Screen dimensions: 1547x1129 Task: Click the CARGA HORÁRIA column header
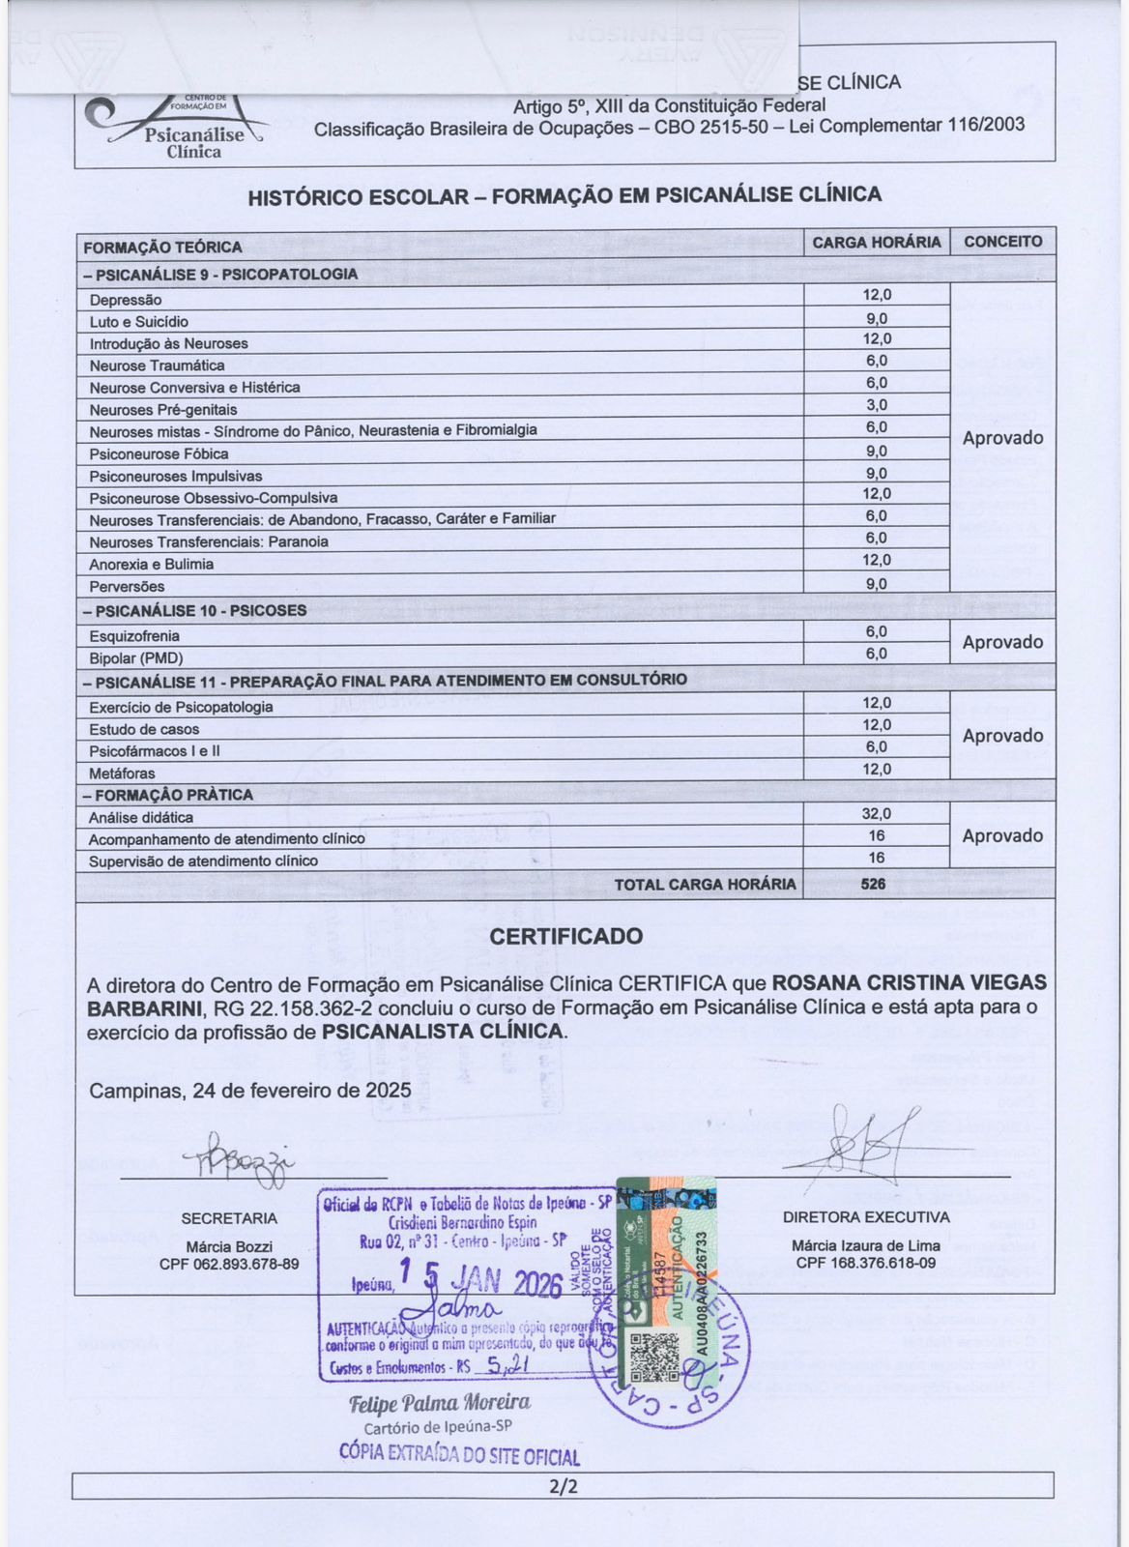(x=876, y=242)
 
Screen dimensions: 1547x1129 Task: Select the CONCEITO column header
(x=1002, y=242)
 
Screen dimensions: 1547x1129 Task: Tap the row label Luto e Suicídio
(x=139, y=322)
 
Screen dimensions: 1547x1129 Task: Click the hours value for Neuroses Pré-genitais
(x=876, y=405)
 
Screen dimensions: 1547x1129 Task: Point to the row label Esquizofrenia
(x=134, y=636)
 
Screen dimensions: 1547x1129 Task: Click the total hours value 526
(x=873, y=884)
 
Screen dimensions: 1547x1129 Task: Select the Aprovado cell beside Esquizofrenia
(x=1002, y=642)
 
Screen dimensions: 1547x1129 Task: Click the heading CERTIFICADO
(x=565, y=936)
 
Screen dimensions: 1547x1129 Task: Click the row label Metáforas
(x=122, y=773)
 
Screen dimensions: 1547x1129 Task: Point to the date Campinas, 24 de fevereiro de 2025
(x=250, y=1091)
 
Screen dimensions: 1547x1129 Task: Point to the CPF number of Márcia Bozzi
(x=229, y=1264)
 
